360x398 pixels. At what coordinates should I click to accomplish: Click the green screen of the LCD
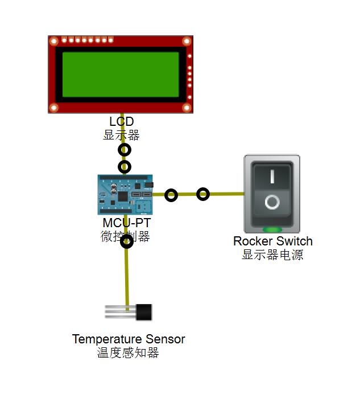point(120,75)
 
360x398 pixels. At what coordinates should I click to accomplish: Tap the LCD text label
point(121,122)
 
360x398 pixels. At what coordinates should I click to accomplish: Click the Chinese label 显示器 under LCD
point(121,135)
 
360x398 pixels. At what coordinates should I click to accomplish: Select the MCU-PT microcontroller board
point(125,194)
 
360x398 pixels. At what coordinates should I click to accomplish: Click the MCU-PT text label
point(126,223)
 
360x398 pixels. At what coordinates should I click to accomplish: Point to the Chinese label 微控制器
point(125,236)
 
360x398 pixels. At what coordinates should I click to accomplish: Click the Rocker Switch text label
point(272,241)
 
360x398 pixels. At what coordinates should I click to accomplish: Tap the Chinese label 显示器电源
point(272,255)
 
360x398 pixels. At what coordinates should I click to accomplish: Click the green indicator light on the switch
point(272,230)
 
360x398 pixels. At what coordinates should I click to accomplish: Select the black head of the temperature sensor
point(144,312)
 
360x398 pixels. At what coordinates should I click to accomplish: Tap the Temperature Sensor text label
point(129,339)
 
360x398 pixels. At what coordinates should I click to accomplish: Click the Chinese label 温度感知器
point(128,353)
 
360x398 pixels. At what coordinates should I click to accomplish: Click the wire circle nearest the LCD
point(124,150)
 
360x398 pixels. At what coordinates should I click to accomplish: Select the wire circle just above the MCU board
point(124,167)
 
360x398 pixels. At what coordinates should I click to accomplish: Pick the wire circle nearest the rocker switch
point(203,194)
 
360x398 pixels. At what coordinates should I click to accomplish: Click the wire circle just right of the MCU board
point(171,195)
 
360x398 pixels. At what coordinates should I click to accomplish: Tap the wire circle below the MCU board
point(127,242)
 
